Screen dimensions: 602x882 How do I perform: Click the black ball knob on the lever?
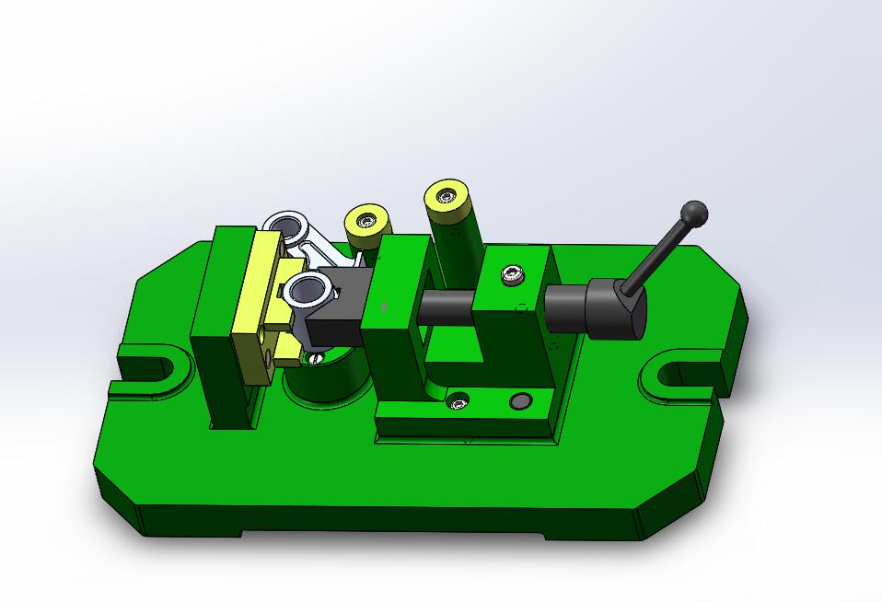pos(694,214)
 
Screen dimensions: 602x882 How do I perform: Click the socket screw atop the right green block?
pos(514,273)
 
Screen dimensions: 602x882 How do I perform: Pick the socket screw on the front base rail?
pos(458,400)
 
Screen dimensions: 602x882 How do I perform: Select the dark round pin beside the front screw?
pos(520,401)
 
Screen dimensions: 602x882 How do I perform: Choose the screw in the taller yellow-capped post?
pos(447,196)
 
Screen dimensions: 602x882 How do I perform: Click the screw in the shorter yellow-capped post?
pos(366,220)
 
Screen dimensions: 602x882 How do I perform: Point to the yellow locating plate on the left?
pos(257,304)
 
